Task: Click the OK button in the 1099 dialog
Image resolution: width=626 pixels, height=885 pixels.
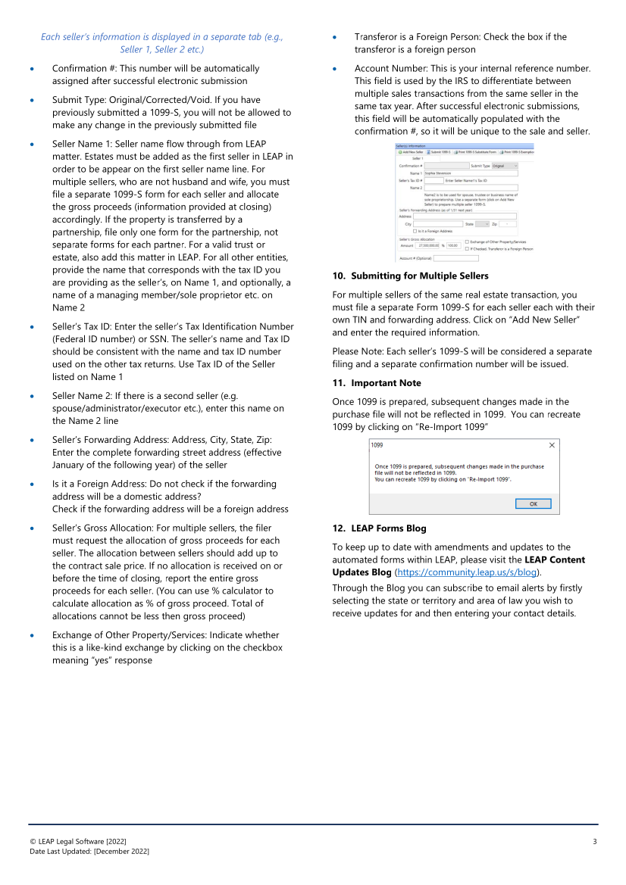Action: point(533,503)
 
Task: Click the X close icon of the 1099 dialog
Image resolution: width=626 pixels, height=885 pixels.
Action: point(552,445)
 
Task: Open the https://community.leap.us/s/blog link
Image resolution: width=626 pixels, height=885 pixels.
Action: point(465,572)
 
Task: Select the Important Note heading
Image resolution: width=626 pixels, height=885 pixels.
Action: point(378,383)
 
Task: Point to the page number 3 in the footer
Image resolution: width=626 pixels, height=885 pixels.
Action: point(595,842)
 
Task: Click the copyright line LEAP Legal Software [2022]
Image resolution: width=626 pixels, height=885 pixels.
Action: point(78,842)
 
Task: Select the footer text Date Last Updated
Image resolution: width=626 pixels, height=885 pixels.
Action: point(89,852)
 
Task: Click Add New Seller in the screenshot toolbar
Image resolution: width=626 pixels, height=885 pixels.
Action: point(412,151)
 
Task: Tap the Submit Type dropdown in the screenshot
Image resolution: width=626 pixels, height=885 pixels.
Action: point(505,165)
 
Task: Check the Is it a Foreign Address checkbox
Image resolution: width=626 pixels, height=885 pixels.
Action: point(415,231)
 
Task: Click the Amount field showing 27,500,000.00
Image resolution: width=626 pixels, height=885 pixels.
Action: point(428,245)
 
